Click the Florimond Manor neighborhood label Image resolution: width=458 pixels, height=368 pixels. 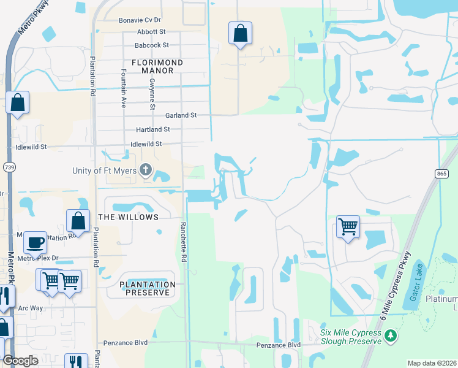tap(152, 66)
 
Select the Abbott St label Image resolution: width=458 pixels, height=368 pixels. tap(152, 32)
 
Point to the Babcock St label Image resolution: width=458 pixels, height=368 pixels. tap(152, 45)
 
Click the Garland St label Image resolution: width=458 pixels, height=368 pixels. tap(181, 115)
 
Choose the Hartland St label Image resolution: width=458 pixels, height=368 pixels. tap(152, 130)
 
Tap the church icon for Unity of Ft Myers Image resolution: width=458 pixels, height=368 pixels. tap(146, 169)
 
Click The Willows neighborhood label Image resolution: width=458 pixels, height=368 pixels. tap(128, 217)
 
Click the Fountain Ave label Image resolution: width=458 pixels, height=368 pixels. tap(123, 88)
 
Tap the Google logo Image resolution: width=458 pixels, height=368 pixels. tap(20, 361)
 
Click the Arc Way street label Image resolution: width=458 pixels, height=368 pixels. tap(31, 308)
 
